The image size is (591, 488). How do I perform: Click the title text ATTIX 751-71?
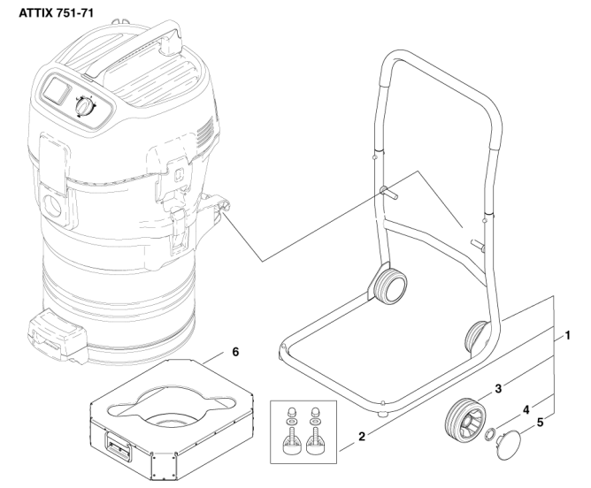pos(56,13)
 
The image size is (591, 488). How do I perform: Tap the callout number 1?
pos(567,336)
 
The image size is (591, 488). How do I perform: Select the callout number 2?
pos(362,437)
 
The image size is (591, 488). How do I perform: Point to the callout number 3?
pos(498,389)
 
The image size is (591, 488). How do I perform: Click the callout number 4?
pos(526,409)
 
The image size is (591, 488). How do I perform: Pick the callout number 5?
pos(540,423)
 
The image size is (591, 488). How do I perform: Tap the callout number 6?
pos(235,352)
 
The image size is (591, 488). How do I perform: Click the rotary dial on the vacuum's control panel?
pos(85,107)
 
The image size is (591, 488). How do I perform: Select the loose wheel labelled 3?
pos(465,419)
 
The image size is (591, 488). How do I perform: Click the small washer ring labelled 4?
pos(491,435)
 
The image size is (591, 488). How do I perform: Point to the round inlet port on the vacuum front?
pos(53,206)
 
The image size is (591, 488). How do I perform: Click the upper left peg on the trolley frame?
pos(388,192)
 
